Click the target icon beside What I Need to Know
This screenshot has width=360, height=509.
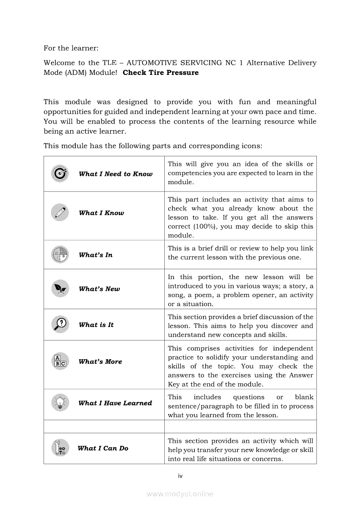click(x=60, y=174)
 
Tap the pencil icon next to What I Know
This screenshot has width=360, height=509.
click(x=60, y=213)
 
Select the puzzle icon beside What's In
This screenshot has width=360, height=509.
click(x=60, y=255)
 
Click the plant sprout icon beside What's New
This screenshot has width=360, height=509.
click(x=60, y=288)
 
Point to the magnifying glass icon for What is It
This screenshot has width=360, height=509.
click(x=60, y=324)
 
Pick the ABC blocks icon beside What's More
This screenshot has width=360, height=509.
click(x=60, y=361)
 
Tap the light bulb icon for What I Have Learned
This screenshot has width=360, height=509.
click(x=60, y=403)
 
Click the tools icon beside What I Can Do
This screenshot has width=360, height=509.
click(x=60, y=448)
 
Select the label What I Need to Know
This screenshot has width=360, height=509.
click(x=115, y=174)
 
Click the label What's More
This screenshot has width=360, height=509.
click(x=100, y=361)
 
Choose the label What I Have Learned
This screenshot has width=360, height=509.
click(x=115, y=403)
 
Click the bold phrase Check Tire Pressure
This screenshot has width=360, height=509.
click(x=160, y=73)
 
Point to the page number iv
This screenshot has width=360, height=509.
click(x=180, y=476)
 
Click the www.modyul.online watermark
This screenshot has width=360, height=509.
click(x=180, y=494)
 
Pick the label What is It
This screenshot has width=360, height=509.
click(x=96, y=325)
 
